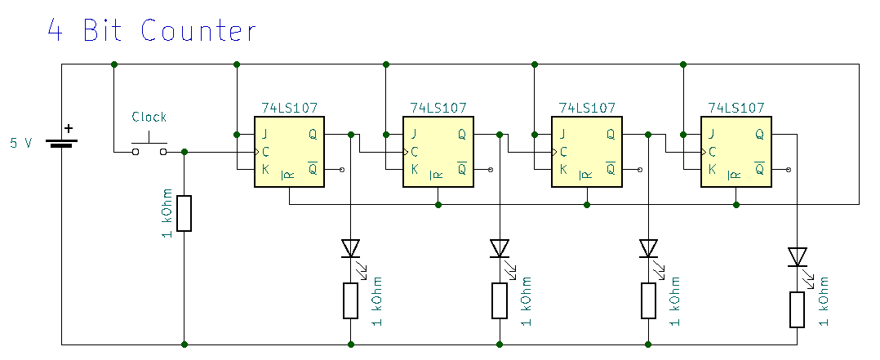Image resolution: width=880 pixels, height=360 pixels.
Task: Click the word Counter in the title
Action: (198, 30)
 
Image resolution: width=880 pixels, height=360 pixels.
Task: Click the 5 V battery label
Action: (21, 143)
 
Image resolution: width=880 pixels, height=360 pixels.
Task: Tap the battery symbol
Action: (62, 142)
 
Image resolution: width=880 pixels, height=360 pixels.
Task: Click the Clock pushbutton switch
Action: (149, 147)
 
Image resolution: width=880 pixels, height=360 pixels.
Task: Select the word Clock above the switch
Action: (149, 117)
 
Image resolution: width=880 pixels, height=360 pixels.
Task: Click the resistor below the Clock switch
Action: (184, 212)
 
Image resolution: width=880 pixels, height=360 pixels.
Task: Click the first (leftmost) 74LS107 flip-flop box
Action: (289, 152)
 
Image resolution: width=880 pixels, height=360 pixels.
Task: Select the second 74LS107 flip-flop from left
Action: (438, 152)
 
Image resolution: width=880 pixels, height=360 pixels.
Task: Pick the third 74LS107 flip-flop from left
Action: (587, 152)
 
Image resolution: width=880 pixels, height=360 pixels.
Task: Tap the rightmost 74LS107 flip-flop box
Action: (736, 152)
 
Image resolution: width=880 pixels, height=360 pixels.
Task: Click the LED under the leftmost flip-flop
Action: (351, 247)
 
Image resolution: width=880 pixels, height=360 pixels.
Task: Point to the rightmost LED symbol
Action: (797, 257)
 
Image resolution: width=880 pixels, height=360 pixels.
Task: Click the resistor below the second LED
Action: (500, 300)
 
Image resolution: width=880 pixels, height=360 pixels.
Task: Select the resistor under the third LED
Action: (648, 300)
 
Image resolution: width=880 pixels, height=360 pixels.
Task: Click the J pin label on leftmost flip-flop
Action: (264, 134)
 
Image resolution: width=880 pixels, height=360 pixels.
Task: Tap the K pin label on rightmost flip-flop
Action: (712, 170)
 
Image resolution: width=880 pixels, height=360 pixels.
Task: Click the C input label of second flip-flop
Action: (415, 152)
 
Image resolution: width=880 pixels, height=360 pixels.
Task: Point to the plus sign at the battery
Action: (69, 128)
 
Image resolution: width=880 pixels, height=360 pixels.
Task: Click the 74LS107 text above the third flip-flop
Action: (587, 108)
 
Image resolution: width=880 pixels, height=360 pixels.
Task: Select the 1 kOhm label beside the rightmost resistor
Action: (821, 302)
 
